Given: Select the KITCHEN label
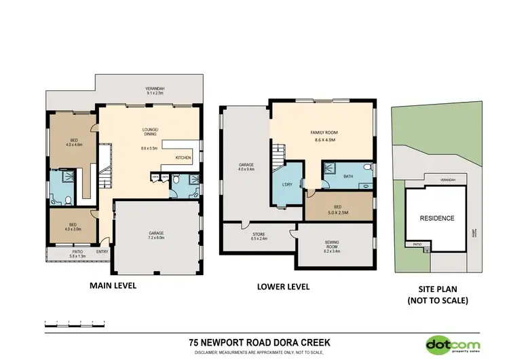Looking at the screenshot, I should click(x=184, y=158).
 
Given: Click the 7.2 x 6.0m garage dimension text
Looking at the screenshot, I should click(x=157, y=238).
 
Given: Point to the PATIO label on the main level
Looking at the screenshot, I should click(x=77, y=251).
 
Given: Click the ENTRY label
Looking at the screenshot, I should click(x=102, y=251).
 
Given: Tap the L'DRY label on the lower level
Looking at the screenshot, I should click(x=286, y=185).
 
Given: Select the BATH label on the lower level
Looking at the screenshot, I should click(x=349, y=176).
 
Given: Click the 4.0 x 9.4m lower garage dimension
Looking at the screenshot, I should click(x=246, y=170).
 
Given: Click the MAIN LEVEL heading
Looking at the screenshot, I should click(x=113, y=286).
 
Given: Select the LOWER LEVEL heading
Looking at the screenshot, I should click(x=284, y=287).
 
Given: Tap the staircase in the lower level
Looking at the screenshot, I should click(x=278, y=159).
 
